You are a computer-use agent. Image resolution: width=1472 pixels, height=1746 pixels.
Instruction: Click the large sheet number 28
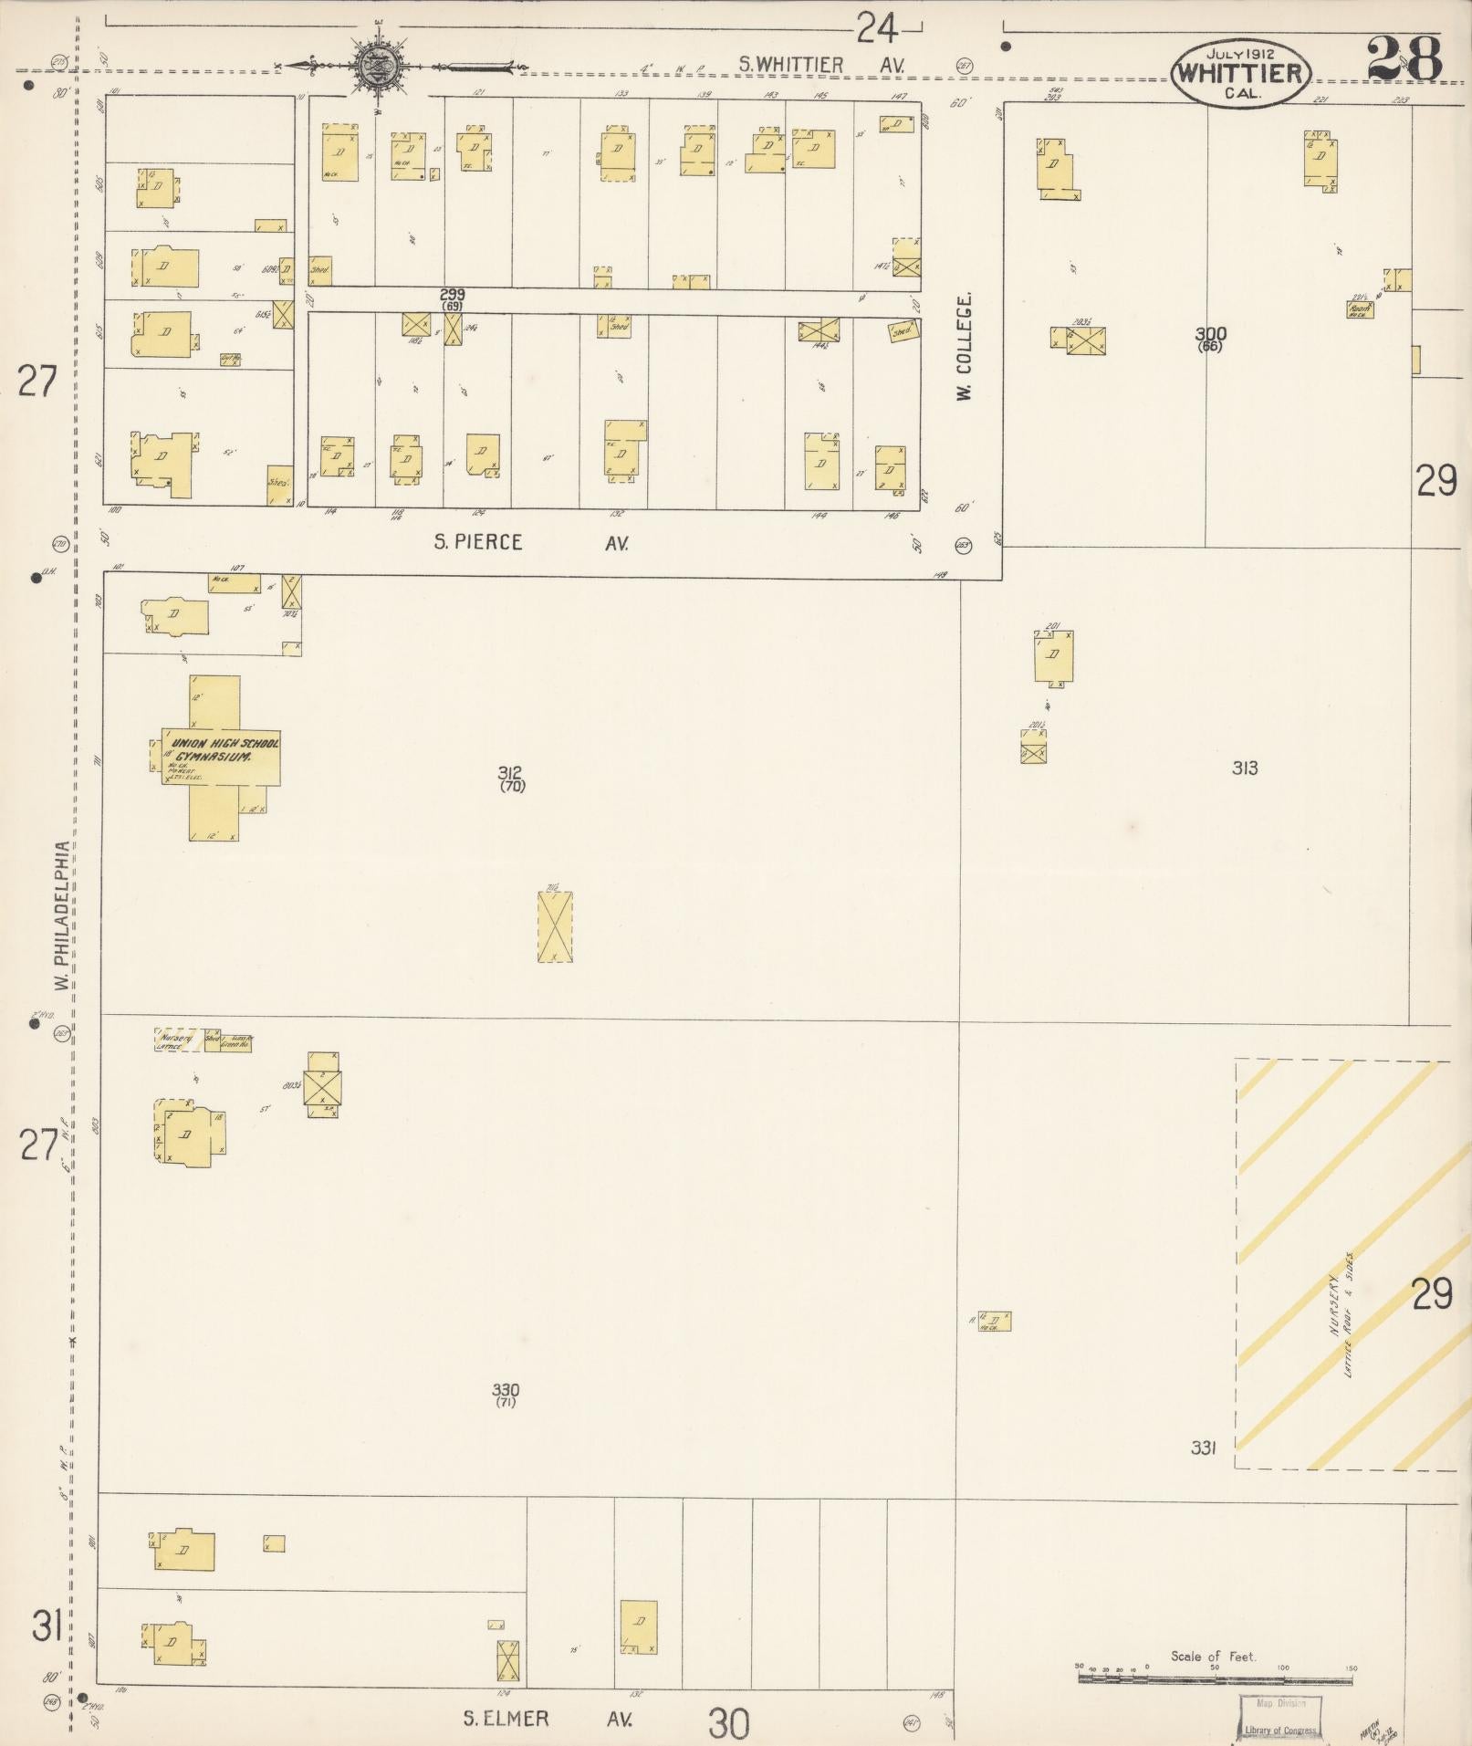click(1404, 58)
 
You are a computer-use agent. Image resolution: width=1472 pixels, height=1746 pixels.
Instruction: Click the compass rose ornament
click(374, 65)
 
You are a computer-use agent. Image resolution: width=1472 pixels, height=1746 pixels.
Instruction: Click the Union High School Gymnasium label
click(221, 750)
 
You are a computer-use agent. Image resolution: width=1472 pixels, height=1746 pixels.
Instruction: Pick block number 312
click(512, 772)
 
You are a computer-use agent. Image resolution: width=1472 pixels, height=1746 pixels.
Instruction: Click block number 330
click(506, 1390)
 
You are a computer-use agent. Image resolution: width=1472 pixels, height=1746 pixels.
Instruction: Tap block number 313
click(1244, 768)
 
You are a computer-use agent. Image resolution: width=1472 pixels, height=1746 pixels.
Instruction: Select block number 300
click(1210, 334)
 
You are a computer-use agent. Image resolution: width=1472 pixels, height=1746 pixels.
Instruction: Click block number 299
click(452, 295)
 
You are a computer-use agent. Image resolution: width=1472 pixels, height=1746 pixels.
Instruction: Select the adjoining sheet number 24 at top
click(876, 32)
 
